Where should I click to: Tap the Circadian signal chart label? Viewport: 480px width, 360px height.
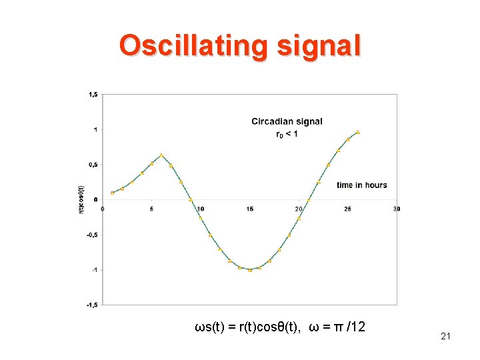287,121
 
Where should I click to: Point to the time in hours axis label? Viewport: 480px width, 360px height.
361,185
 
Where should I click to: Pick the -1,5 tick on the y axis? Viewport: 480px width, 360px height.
92,305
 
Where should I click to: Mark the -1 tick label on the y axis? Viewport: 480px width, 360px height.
94,270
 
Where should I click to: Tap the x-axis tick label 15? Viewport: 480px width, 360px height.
249,209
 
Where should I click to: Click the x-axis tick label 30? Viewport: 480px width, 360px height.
397,209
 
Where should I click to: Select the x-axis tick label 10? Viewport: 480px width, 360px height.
201,209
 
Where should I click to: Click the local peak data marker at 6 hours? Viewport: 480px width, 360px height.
161,155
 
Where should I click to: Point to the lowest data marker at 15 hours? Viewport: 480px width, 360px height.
249,270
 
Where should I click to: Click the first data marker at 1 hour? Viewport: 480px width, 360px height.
113,193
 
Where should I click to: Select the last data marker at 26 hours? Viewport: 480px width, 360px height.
357,133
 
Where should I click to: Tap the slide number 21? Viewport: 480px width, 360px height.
445,337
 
